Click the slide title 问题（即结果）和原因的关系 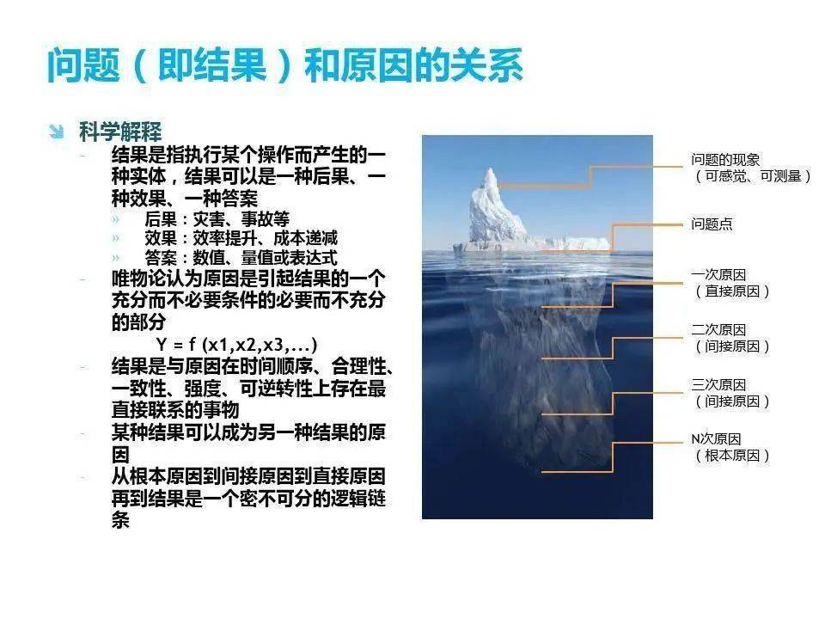coord(284,65)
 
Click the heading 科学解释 coord(120,132)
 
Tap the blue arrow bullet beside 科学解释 coord(56,131)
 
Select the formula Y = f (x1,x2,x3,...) coord(237,344)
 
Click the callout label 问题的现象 coord(725,160)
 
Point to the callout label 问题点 coord(712,224)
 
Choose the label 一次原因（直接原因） coord(731,283)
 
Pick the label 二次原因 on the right coord(718,330)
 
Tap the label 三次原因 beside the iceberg coord(718,385)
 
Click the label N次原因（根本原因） coord(731,447)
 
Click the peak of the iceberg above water coord(491,169)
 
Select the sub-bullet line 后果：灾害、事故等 coord(217,218)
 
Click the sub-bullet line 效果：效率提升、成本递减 coord(241,238)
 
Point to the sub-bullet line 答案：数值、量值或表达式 coord(241,258)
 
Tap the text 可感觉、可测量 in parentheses coord(753,175)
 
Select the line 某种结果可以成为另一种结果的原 coord(248,432)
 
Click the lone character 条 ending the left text coord(120,520)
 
